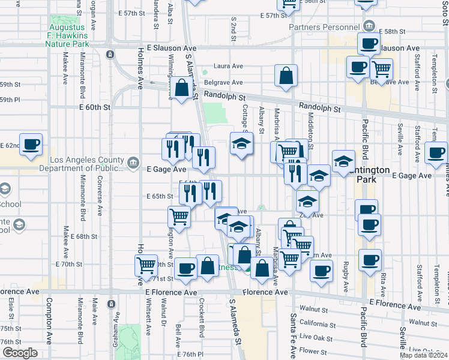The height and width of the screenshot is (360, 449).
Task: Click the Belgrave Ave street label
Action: tap(223, 82)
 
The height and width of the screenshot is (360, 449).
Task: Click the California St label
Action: tap(316, 323)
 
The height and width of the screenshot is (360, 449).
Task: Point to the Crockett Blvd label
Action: tap(202, 328)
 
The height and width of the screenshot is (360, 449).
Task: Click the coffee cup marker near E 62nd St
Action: tap(31, 145)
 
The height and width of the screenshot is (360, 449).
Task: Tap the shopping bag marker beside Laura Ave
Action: tap(286, 76)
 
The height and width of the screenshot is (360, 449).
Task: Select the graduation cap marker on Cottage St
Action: tap(241, 144)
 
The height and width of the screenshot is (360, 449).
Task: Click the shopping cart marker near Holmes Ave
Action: tap(146, 265)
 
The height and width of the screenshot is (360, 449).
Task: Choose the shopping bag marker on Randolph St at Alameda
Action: tap(181, 88)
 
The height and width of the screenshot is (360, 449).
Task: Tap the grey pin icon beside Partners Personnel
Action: tap(369, 26)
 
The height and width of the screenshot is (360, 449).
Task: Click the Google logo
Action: tap(20, 353)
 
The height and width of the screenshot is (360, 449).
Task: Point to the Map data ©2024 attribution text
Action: tap(424, 355)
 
